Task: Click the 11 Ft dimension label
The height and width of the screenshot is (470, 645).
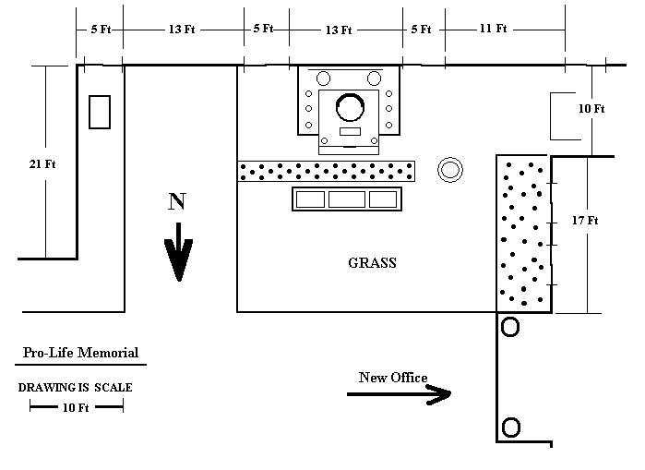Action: pyautogui.click(x=494, y=29)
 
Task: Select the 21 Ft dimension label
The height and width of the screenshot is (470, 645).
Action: pyautogui.click(x=43, y=164)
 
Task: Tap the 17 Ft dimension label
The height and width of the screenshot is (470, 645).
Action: pyautogui.click(x=586, y=221)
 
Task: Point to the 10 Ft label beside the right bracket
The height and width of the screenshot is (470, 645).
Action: pyautogui.click(x=591, y=109)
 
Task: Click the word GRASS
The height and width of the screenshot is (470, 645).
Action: pyautogui.click(x=372, y=263)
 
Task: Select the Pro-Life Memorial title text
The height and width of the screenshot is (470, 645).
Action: pyautogui.click(x=81, y=353)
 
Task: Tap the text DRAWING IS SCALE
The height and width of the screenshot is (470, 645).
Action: pyautogui.click(x=76, y=388)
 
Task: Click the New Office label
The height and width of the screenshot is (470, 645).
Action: pyautogui.click(x=393, y=378)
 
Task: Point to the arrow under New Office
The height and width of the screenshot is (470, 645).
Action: pyautogui.click(x=399, y=394)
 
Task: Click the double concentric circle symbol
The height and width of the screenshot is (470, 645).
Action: pyautogui.click(x=449, y=169)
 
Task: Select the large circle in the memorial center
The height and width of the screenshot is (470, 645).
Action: pyautogui.click(x=350, y=108)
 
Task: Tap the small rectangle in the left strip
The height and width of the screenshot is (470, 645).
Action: pyautogui.click(x=100, y=112)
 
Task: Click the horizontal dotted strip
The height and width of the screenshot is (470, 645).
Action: pyautogui.click(x=327, y=171)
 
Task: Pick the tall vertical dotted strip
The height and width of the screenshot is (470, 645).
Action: pyautogui.click(x=523, y=233)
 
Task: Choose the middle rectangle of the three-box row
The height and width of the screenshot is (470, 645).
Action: pyautogui.click(x=347, y=199)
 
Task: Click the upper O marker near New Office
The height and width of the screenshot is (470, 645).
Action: pyautogui.click(x=509, y=327)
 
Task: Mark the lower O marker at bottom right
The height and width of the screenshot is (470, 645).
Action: pyautogui.click(x=509, y=428)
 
